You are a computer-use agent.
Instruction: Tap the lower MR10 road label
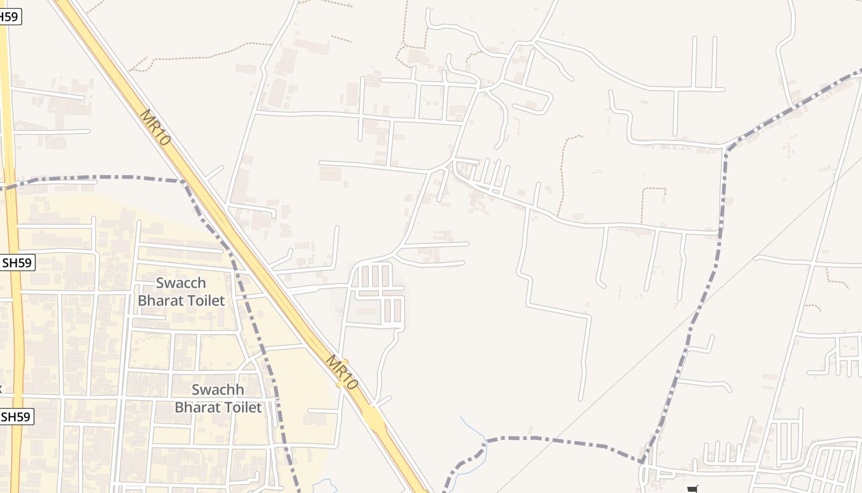click(341, 372)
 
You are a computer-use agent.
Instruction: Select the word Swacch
click(181, 283)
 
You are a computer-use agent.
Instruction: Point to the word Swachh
click(218, 390)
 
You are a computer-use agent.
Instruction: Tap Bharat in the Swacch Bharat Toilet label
click(160, 301)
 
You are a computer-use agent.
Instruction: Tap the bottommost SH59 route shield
click(16, 417)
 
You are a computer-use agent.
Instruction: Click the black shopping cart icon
click(694, 489)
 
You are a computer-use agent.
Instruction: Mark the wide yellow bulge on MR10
click(373, 417)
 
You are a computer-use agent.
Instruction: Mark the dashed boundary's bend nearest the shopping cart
click(642, 461)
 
